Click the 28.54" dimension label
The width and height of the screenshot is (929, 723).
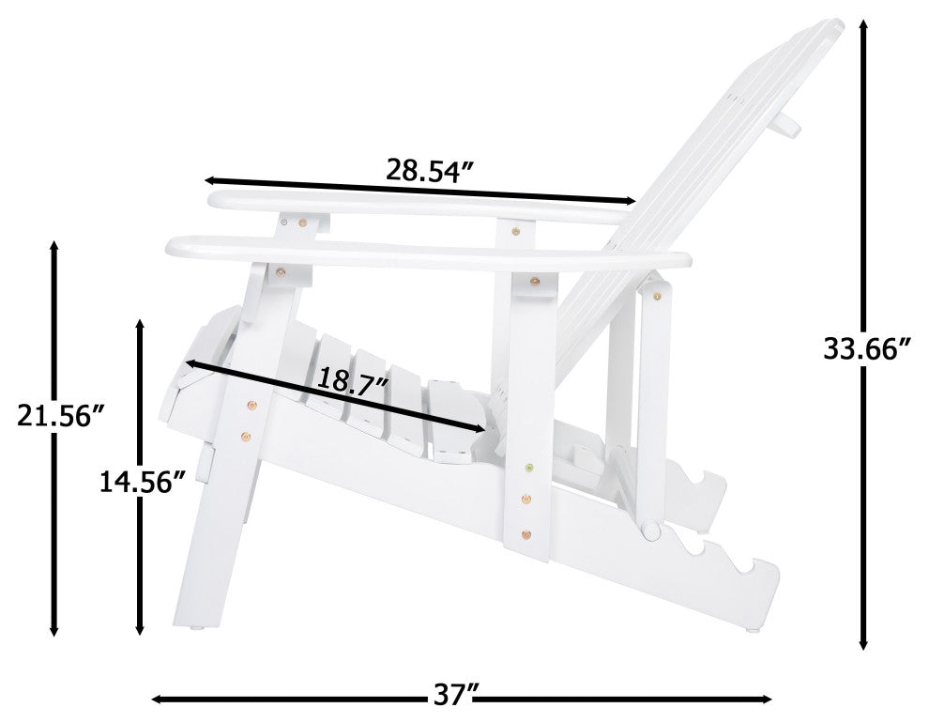pos(431,170)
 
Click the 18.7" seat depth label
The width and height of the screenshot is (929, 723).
pos(353,379)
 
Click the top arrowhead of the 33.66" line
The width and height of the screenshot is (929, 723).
pos(864,25)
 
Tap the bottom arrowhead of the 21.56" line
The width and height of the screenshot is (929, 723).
pos(53,629)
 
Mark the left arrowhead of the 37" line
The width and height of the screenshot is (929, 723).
pos(159,700)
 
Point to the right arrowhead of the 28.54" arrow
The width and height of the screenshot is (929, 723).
pos(630,200)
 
